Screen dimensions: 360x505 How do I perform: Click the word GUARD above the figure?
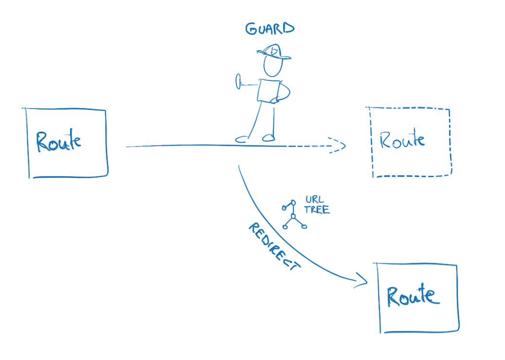(270, 29)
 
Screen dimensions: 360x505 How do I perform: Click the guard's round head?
(272, 66)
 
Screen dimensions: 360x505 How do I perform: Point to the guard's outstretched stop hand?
(238, 82)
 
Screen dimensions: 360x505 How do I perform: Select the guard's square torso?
(269, 90)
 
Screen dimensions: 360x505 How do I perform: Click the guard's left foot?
(241, 140)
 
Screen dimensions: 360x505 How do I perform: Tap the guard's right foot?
(268, 138)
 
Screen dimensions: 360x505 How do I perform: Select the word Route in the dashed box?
(402, 140)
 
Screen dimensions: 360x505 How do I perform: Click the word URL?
(315, 199)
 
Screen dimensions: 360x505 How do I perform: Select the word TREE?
(317, 210)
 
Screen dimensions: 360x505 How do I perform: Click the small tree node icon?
(293, 215)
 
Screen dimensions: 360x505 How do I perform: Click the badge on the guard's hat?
(275, 50)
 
